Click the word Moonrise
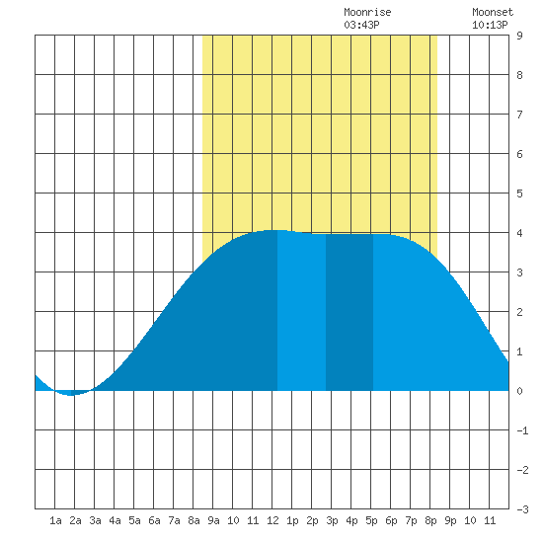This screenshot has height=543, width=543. click(x=367, y=12)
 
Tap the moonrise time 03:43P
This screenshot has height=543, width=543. click(x=361, y=25)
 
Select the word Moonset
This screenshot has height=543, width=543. click(x=493, y=12)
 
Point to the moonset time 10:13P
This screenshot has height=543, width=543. click(x=490, y=25)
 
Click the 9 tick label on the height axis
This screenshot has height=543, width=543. click(x=519, y=36)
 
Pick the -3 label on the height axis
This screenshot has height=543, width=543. click(x=522, y=509)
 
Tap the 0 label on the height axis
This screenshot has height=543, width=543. click(x=519, y=391)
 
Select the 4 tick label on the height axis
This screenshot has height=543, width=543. click(x=519, y=233)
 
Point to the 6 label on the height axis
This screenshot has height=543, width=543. click(x=519, y=154)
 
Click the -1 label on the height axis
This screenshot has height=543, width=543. click(x=522, y=430)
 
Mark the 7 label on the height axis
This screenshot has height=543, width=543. click(x=519, y=115)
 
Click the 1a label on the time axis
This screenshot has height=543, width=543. click(x=55, y=520)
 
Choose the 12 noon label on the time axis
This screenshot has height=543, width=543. click(x=272, y=520)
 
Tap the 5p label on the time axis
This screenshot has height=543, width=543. click(x=371, y=520)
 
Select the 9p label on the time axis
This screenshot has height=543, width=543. click(x=450, y=520)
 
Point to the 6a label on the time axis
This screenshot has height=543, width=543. click(x=154, y=520)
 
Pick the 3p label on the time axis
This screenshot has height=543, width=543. click(x=332, y=520)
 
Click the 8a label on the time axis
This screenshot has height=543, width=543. click(x=194, y=520)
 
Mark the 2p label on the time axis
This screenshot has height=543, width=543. click(x=312, y=520)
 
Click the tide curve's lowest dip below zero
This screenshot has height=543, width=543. click(x=71, y=395)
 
